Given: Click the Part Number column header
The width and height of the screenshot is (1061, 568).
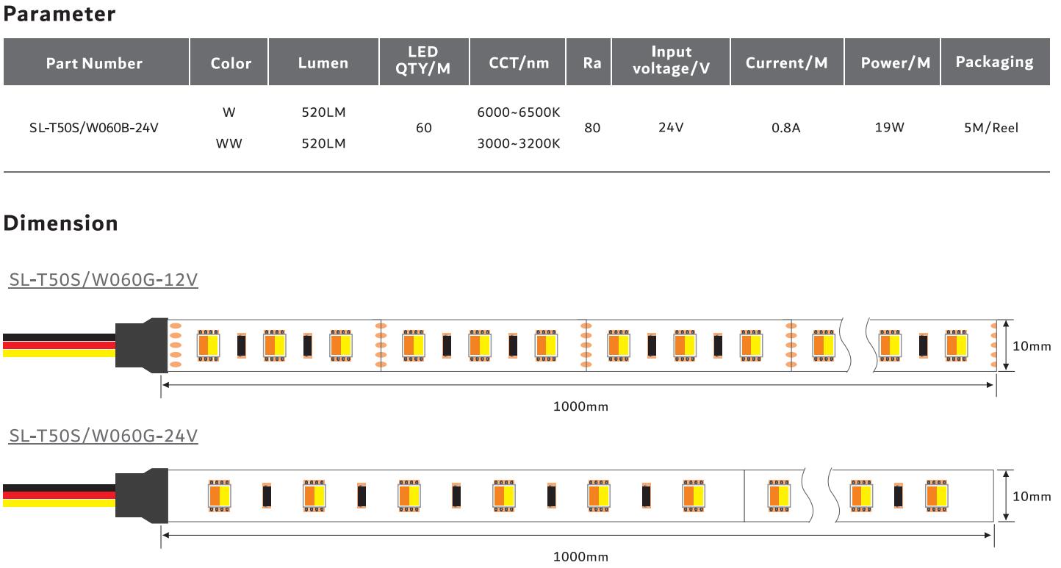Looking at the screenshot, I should [94, 63].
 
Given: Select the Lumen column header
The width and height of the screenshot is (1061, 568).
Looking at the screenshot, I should [323, 63].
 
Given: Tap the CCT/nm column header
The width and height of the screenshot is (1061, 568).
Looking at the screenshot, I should [519, 63].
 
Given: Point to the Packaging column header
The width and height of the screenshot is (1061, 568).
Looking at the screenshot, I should [994, 62].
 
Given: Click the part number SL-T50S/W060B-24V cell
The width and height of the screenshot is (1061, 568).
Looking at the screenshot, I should [94, 128].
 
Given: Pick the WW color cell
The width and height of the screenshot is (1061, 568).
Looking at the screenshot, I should [229, 144].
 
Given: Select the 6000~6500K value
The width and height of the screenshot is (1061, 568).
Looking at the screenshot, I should [519, 112].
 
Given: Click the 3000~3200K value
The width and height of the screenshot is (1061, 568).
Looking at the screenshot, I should [519, 144].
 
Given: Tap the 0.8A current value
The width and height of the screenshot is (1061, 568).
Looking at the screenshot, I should [785, 128].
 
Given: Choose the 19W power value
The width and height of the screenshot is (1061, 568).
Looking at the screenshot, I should [889, 127].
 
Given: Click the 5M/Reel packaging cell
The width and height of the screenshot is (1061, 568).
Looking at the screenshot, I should [991, 128].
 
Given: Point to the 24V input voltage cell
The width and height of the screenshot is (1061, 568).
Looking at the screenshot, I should [671, 128].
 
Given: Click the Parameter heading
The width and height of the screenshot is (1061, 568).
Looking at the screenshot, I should [60, 14].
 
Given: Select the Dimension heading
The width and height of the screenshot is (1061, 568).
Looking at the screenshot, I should [60, 223].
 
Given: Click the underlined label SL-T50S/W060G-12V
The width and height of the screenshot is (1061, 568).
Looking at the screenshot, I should [103, 280].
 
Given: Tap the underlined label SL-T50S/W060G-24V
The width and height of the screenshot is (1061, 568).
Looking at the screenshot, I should [103, 436].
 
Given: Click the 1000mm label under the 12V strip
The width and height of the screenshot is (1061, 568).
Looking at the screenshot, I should [580, 406].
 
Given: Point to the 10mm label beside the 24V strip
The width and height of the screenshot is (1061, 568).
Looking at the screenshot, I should [1032, 497].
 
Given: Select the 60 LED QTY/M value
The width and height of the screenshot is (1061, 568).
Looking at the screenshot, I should [424, 128].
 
